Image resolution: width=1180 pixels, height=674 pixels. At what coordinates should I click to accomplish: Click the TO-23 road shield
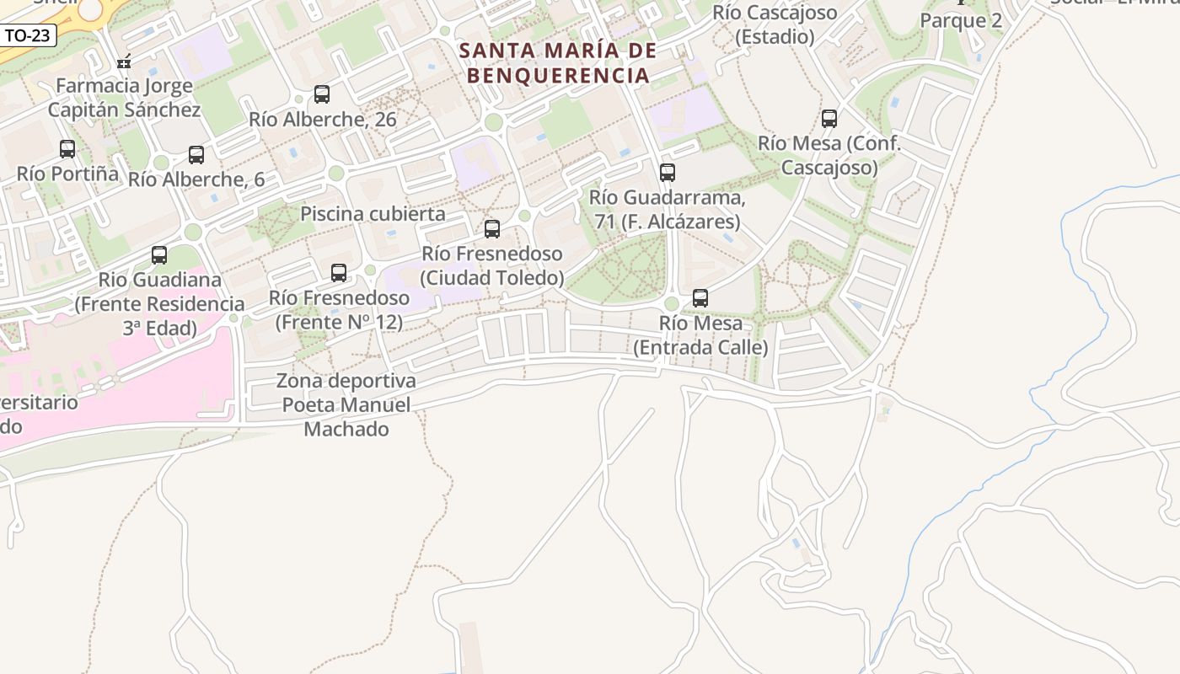28,35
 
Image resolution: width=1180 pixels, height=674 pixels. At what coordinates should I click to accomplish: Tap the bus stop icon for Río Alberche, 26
322,94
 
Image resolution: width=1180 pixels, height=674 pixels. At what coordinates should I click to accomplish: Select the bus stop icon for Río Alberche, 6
196,155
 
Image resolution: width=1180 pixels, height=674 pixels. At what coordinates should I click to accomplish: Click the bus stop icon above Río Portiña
67,149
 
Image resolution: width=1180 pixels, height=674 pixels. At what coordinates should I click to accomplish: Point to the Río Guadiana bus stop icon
159,255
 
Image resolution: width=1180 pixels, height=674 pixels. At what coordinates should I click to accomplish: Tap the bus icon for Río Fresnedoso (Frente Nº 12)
339,273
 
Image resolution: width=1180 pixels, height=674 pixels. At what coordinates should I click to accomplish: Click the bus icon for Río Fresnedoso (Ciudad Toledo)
492,229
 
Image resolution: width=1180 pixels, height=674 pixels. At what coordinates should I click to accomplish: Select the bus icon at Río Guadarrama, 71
668,173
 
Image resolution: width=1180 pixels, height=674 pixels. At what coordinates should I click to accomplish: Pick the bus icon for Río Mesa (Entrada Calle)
700,298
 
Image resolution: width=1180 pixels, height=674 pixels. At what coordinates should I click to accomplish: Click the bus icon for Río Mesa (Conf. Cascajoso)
829,119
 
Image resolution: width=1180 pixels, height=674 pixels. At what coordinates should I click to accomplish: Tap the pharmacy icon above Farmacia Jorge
124,62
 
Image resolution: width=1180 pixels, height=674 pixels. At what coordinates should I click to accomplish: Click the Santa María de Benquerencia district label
558,63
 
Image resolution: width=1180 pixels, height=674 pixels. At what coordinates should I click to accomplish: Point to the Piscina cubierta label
373,214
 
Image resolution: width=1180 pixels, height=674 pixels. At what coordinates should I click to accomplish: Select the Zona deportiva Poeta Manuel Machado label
346,405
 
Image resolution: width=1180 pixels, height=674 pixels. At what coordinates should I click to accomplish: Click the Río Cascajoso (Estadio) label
775,24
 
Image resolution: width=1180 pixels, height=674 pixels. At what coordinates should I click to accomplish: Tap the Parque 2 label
961,20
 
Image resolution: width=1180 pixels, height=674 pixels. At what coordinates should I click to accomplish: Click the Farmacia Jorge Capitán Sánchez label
124,98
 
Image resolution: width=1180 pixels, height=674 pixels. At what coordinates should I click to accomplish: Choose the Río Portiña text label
67,174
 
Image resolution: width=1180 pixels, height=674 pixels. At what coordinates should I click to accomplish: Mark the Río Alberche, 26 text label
322,120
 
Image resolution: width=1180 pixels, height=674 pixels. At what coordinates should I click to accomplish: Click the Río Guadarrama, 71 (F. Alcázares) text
667,210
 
